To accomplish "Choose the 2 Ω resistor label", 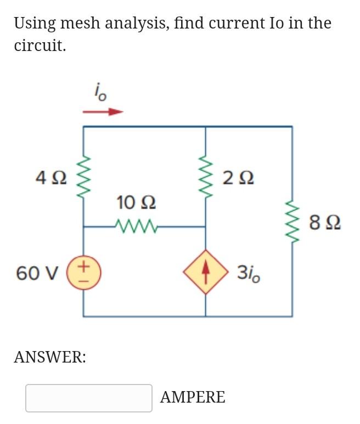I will point(239,178).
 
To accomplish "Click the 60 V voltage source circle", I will point(83,272).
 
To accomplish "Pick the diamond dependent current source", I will point(206,272).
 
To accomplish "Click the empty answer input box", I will point(88,398).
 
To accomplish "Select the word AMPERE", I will point(193,397).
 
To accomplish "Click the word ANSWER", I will point(49,358).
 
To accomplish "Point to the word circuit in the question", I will point(40,46).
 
